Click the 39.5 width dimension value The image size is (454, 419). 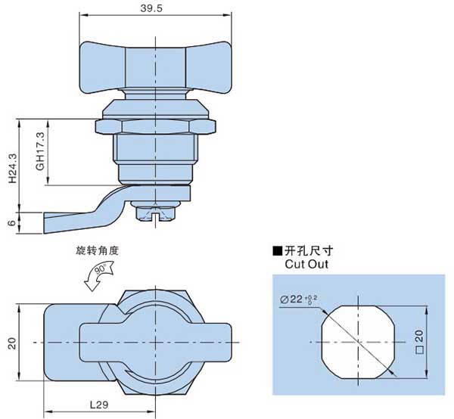151,8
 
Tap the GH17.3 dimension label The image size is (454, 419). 40,151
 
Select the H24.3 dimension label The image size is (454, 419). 12,168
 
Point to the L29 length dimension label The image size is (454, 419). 99,405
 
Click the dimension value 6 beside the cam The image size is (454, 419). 12,223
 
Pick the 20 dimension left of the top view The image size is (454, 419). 12,343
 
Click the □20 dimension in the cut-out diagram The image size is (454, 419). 419,342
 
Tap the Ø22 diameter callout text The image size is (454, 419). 298,300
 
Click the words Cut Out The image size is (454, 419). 306,264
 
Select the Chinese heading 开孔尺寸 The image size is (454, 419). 309,250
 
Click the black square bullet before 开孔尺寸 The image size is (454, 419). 277,251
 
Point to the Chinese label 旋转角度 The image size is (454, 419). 98,250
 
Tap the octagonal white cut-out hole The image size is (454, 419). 359,342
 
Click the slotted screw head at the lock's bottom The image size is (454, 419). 155,215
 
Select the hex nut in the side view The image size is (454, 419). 155,127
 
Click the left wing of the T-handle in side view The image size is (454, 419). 103,67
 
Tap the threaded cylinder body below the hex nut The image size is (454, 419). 155,149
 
